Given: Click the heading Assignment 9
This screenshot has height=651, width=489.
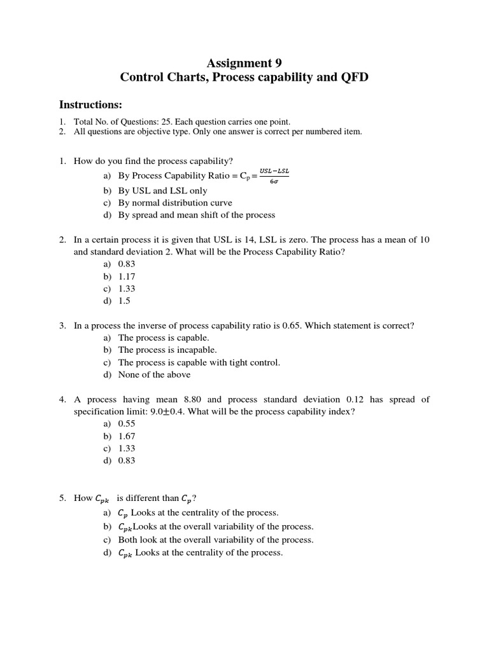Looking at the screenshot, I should (x=244, y=63).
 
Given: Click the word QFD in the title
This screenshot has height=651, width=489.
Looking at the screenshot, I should (x=353, y=78).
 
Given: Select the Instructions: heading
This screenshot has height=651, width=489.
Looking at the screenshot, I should (x=90, y=104).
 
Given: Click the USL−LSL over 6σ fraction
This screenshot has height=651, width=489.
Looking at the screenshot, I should (x=274, y=176).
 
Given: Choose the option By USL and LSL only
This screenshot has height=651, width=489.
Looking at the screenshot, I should (x=162, y=191).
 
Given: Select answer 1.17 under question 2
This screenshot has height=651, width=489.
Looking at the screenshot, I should (x=127, y=277).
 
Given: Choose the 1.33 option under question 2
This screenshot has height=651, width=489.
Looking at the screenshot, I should (x=127, y=289).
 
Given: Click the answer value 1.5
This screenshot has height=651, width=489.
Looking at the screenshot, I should (x=124, y=301).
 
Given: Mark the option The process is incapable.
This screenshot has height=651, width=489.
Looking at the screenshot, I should (x=167, y=350).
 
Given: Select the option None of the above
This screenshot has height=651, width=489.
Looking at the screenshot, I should (x=154, y=374).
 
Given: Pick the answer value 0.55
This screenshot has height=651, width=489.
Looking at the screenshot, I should (x=127, y=423).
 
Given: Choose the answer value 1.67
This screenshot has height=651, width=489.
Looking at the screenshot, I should (x=127, y=436).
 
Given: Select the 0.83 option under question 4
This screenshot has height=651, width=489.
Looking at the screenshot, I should (x=127, y=460).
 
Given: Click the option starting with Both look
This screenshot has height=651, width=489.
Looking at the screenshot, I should (x=216, y=540).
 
